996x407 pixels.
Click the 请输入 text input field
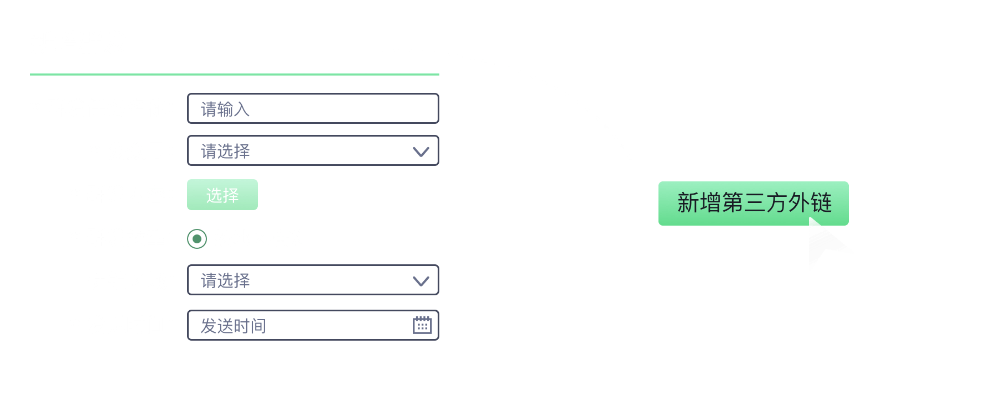coord(313,108)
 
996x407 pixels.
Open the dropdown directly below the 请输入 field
coord(313,150)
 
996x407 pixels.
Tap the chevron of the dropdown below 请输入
coord(421,152)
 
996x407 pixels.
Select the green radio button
coord(197,239)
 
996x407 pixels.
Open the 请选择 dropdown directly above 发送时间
coord(313,280)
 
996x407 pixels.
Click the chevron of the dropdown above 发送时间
coord(421,281)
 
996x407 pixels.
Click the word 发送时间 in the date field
coord(234,326)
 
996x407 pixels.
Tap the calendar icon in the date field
coord(422,325)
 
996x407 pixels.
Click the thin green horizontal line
coord(235,74)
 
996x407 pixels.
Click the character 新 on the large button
coord(688,203)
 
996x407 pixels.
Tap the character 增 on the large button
coord(710,203)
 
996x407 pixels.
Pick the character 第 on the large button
coord(733,203)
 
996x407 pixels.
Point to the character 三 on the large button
coord(755,203)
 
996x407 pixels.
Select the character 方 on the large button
coord(777,203)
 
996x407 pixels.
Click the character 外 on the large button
coord(799,203)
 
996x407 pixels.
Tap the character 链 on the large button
coord(821,203)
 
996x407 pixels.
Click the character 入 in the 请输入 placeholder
coord(242,109)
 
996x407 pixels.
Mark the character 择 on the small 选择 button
coord(231,195)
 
